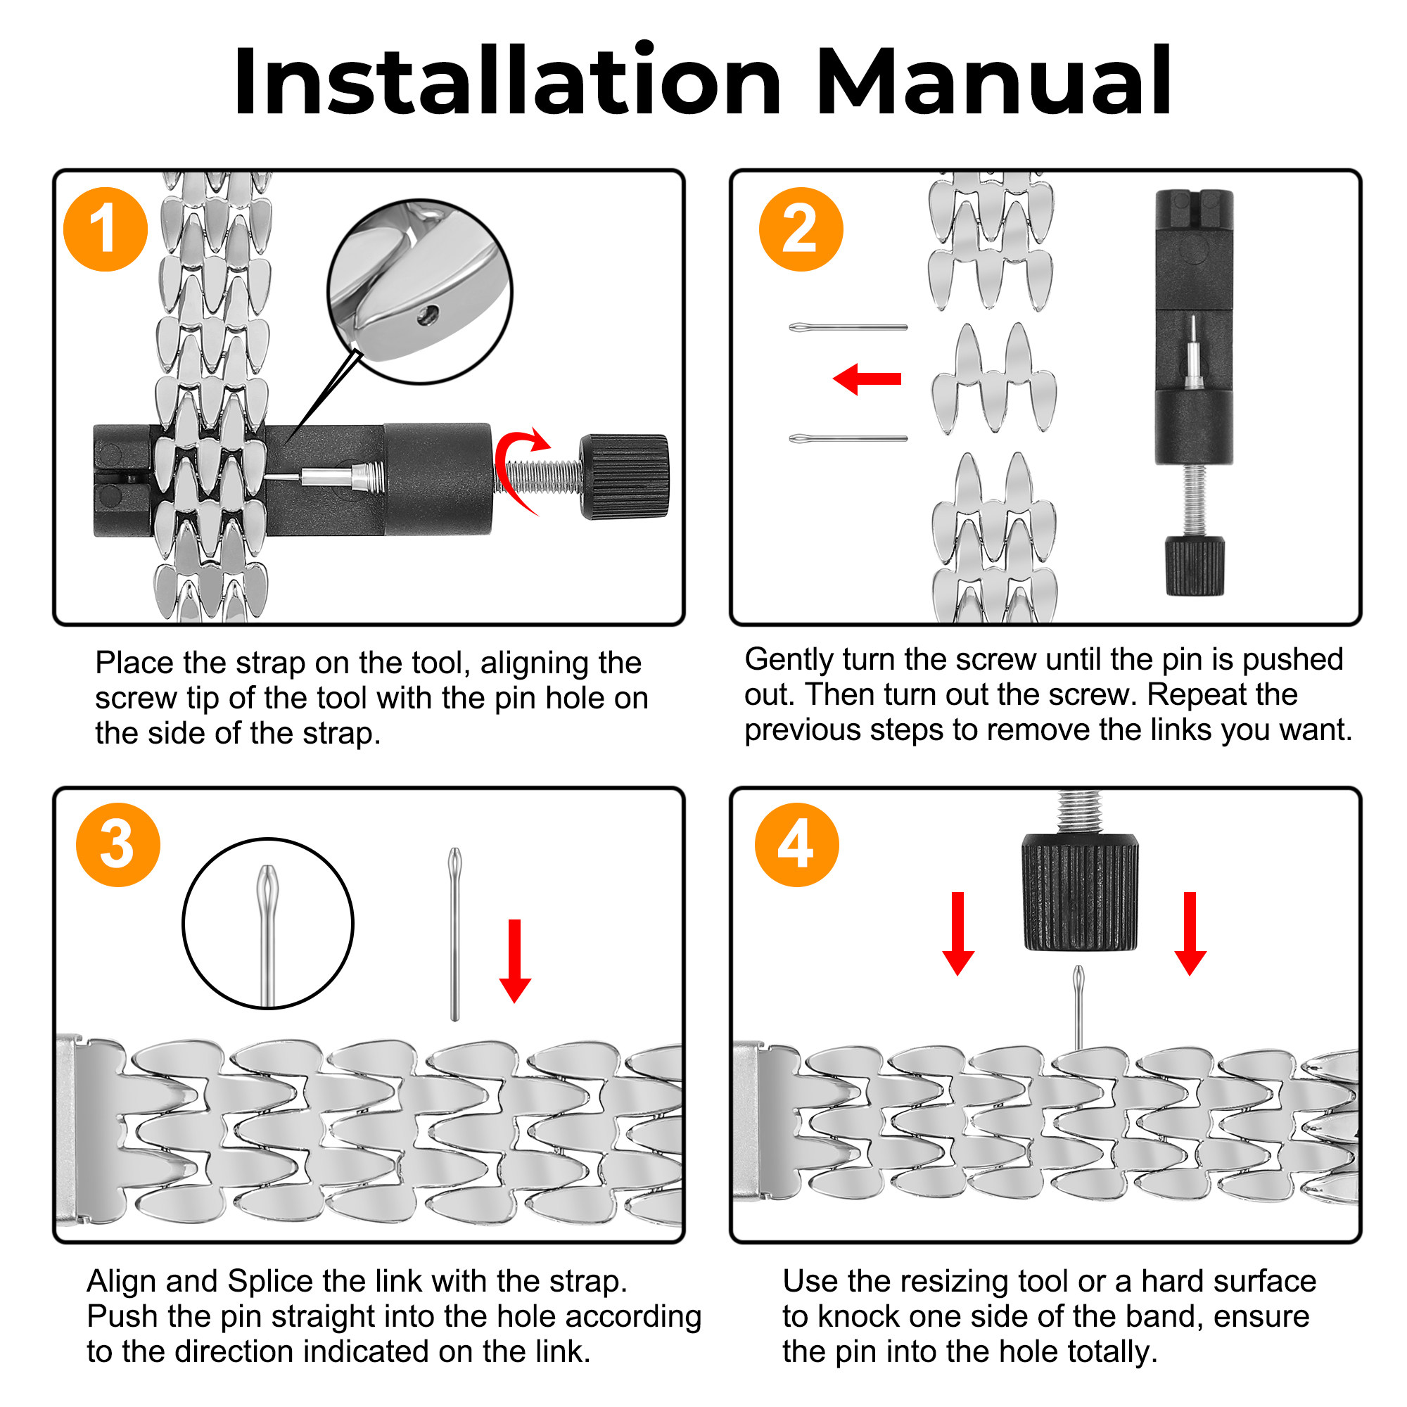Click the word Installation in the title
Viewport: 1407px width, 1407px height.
point(506,82)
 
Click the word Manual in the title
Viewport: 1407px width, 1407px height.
point(993,82)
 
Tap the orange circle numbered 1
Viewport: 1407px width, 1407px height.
point(106,229)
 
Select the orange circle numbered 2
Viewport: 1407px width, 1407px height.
point(801,229)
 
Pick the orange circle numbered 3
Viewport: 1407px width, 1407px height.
point(118,845)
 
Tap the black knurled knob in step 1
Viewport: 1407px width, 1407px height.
point(625,477)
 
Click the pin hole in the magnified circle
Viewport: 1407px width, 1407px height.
point(428,315)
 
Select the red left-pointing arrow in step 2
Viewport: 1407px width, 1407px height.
point(867,378)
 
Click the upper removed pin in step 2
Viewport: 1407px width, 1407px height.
point(848,328)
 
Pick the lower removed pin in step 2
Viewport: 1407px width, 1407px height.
point(848,438)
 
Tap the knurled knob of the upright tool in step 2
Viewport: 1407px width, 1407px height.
point(1195,566)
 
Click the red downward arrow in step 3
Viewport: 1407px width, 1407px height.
point(515,960)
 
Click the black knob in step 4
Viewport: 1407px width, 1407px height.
point(1080,892)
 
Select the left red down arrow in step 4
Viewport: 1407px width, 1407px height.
point(958,933)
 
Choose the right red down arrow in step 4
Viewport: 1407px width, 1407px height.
point(1191,933)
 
